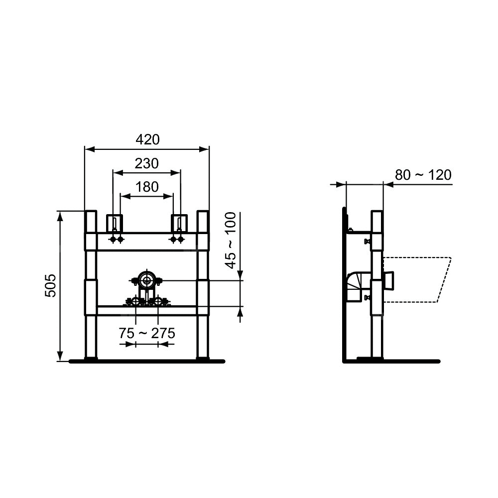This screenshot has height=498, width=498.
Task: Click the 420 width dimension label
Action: pos(147,139)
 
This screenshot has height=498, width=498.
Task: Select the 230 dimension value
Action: pos(147,163)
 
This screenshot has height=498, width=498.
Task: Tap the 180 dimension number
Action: pos(147,187)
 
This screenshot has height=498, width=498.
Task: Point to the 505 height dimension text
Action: pos(50,285)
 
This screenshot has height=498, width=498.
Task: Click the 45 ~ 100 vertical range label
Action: pos(231,240)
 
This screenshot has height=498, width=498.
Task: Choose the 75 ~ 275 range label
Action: pos(147,333)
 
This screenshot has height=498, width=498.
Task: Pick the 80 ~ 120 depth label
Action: pos(423,175)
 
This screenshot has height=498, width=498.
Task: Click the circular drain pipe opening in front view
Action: pos(146,280)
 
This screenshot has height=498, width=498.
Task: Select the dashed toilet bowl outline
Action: pos(417,279)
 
